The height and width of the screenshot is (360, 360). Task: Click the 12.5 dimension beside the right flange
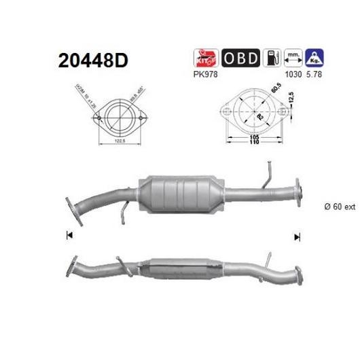pyautogui.click(x=291, y=101)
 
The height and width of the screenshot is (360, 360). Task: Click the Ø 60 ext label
pyautogui.click(x=339, y=208)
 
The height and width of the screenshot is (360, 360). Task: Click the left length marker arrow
pyautogui.click(x=69, y=236)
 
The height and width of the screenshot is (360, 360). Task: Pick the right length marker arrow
pyautogui.click(x=296, y=236)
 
